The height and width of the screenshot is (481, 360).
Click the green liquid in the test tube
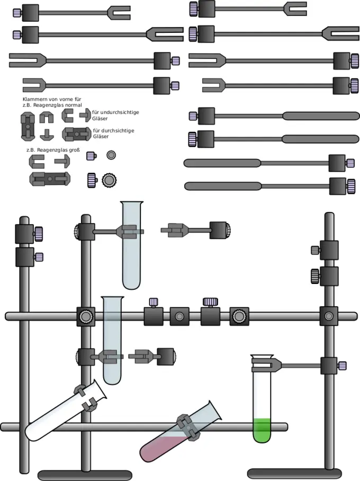(x=262, y=430)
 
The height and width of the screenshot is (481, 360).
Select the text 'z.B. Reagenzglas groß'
(x=53, y=150)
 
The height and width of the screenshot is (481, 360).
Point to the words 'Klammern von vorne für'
(x=51, y=100)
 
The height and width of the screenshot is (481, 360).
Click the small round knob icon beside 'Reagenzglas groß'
(x=111, y=155)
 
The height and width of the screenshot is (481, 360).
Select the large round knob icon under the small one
(x=110, y=180)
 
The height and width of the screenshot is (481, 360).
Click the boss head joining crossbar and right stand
(x=329, y=316)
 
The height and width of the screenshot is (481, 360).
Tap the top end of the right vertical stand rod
(x=329, y=216)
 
